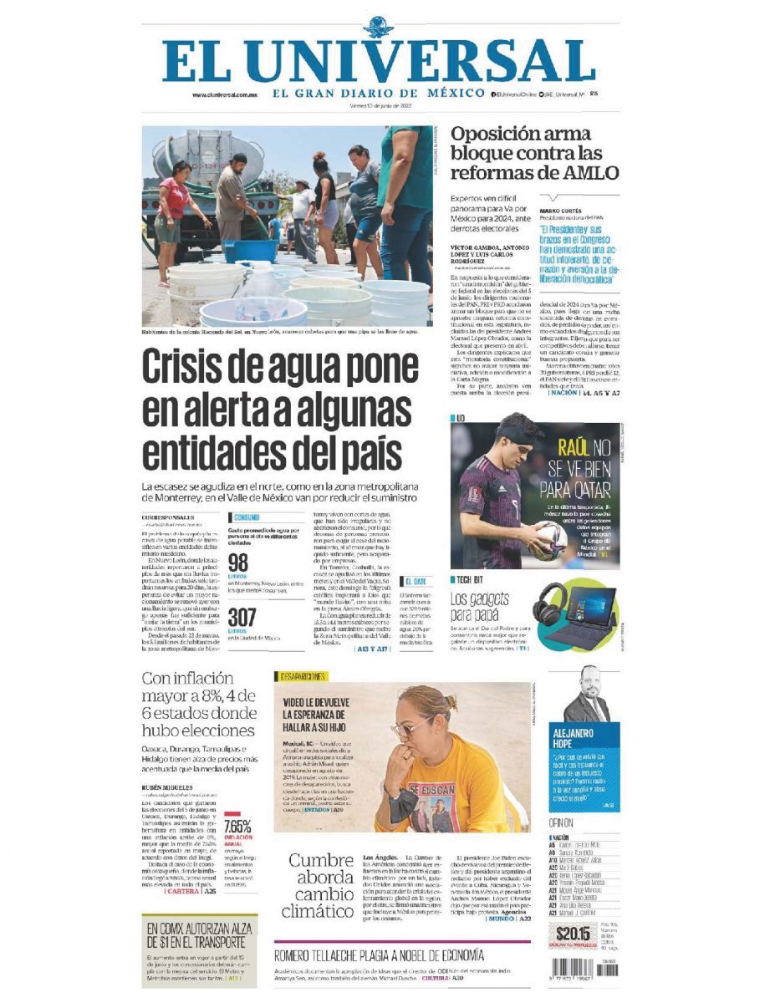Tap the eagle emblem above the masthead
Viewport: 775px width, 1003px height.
point(378,28)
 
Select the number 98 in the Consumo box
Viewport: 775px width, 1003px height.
point(238,563)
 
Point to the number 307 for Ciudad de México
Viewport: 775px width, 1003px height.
point(242,617)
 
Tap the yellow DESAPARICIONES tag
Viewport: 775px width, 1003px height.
point(301,676)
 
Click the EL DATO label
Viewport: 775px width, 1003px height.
point(416,580)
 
